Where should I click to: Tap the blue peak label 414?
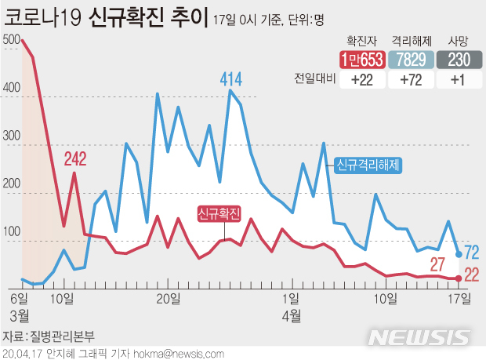pos(230,78)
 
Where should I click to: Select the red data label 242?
pos(75,159)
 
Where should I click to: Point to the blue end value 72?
pos(472,253)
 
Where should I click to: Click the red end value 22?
pos(472,274)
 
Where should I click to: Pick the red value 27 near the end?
pos(437,263)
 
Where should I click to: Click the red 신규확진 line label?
pos(219,212)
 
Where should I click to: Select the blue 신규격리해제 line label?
pos(368,165)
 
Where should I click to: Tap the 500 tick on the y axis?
pos(12,39)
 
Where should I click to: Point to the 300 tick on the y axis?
pos(12,136)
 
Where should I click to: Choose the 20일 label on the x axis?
pos(169,298)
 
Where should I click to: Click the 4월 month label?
pos(292,315)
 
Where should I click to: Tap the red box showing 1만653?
pos(361,60)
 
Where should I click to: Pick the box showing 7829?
pos(412,60)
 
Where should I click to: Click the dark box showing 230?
pos(459,60)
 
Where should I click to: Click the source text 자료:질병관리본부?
pos(49,336)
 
